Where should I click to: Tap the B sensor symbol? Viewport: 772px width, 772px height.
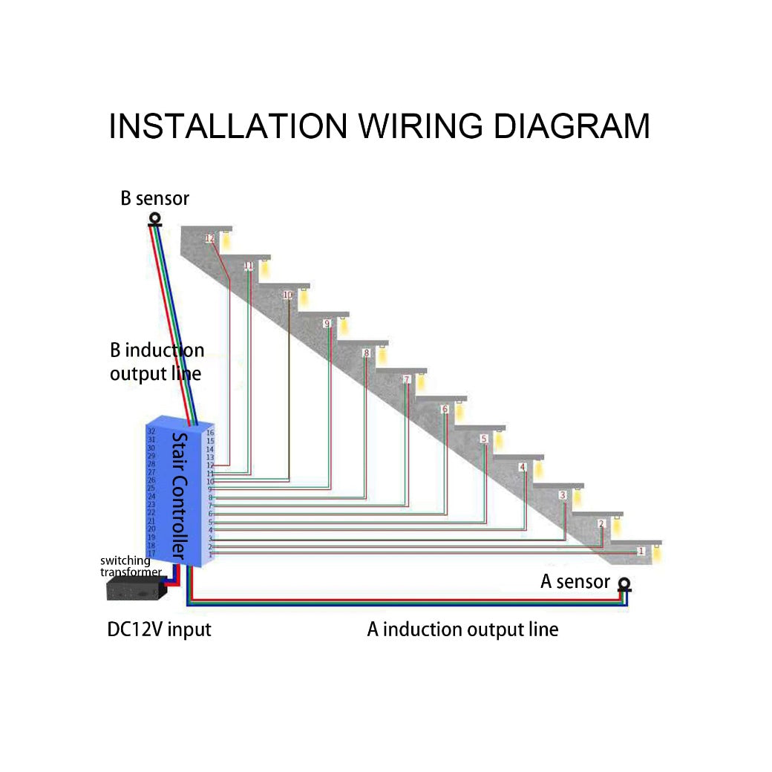155,219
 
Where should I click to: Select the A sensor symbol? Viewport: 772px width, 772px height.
625,586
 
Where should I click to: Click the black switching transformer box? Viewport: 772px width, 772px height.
135,590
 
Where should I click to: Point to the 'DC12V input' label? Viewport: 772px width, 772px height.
160,630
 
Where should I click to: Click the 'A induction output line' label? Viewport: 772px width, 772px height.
462,630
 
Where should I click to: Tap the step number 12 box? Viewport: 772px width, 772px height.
210,238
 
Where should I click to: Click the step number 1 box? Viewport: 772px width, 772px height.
641,552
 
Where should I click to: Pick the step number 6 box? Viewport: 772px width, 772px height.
445,410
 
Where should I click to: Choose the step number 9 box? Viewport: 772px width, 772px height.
327,324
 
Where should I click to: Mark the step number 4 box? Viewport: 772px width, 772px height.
523,467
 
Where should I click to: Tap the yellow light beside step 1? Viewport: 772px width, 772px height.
657,552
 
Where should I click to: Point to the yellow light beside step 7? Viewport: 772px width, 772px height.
421,382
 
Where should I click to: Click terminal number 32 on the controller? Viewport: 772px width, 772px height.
151,431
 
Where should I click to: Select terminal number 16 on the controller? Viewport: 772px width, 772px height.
210,433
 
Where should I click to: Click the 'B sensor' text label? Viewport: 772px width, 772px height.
155,199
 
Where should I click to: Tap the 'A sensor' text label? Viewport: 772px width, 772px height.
575,582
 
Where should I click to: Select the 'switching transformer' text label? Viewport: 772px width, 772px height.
130,566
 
